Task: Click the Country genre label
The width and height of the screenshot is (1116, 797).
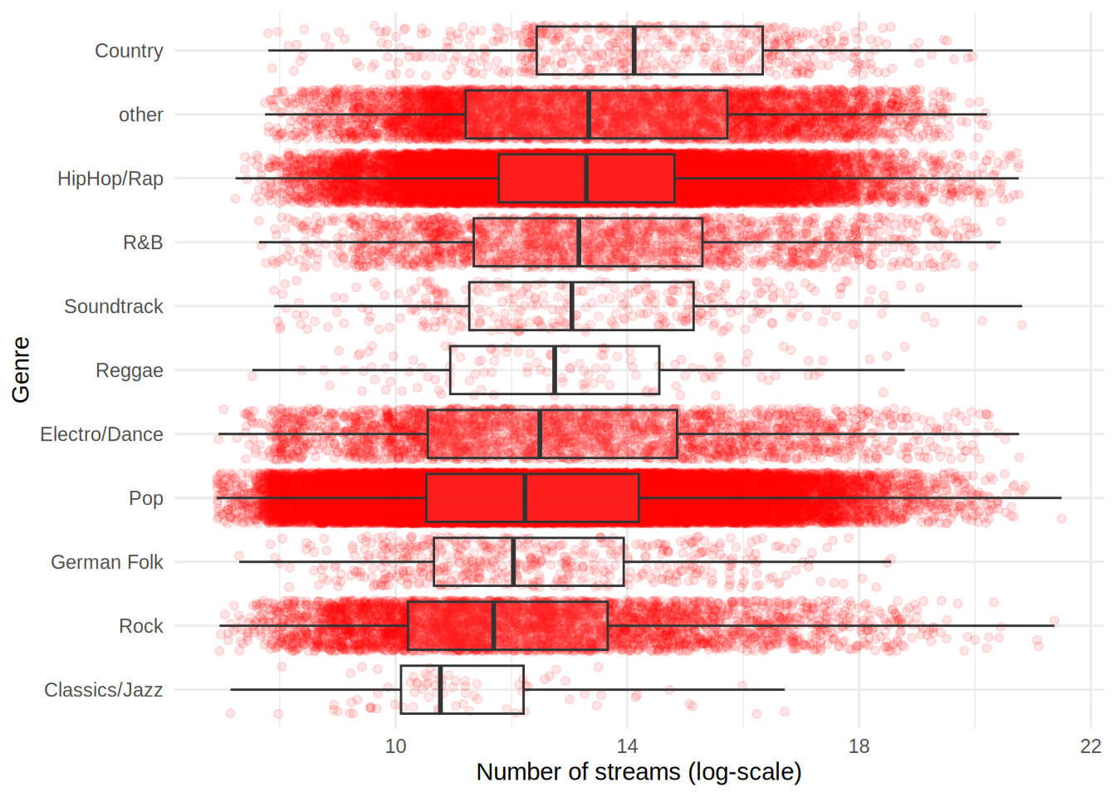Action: [x=129, y=51]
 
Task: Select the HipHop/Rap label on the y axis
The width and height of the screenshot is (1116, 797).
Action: [x=110, y=178]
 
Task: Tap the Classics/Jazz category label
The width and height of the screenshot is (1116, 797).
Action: [x=103, y=690]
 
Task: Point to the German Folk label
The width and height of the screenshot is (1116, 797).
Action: [x=107, y=562]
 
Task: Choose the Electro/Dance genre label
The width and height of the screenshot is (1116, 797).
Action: [x=101, y=434]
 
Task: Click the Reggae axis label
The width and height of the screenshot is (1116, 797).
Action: [x=129, y=370]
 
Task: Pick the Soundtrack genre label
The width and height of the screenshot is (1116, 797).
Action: [x=114, y=306]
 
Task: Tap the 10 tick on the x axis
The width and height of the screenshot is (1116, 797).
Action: [x=396, y=746]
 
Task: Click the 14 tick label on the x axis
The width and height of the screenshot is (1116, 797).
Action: [x=628, y=746]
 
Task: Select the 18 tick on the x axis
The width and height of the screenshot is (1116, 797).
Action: [x=859, y=746]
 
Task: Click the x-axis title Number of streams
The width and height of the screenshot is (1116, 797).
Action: [x=639, y=772]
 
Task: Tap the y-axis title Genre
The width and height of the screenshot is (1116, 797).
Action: [x=21, y=369]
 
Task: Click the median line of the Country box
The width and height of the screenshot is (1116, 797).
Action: [x=634, y=51]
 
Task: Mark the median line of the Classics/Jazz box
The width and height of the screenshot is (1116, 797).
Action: [x=440, y=690]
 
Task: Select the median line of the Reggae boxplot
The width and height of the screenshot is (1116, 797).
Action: [x=555, y=370]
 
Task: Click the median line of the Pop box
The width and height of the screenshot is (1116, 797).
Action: [x=525, y=498]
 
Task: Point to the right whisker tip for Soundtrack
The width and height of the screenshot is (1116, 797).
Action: [x=1021, y=306]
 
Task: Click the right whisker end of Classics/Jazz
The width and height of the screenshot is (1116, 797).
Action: [x=784, y=690]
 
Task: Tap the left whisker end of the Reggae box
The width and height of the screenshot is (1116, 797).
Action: [x=253, y=370]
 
